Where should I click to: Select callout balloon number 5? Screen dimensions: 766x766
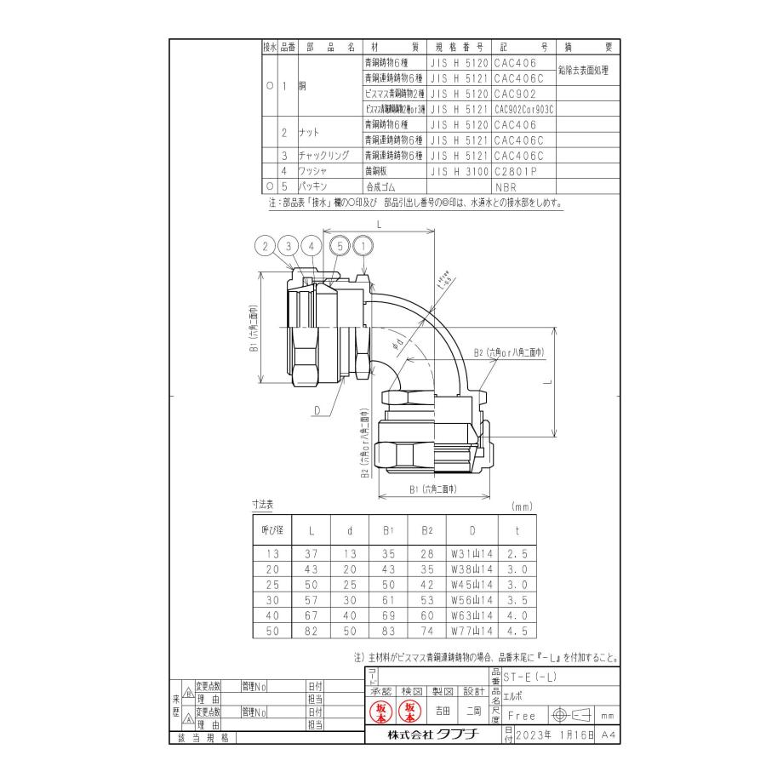click(x=342, y=247)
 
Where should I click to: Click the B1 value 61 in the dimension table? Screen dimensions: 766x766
click(x=388, y=600)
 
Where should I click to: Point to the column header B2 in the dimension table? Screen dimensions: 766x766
click(x=426, y=529)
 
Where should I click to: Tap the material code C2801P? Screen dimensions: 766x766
click(x=516, y=170)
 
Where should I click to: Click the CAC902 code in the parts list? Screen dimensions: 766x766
click(x=515, y=94)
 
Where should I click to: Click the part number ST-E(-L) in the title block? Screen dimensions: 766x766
click(x=532, y=677)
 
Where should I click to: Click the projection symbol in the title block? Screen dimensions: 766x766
click(x=574, y=716)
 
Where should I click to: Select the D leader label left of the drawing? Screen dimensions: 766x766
click(x=316, y=411)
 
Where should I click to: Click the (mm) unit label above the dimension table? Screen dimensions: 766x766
click(x=521, y=506)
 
